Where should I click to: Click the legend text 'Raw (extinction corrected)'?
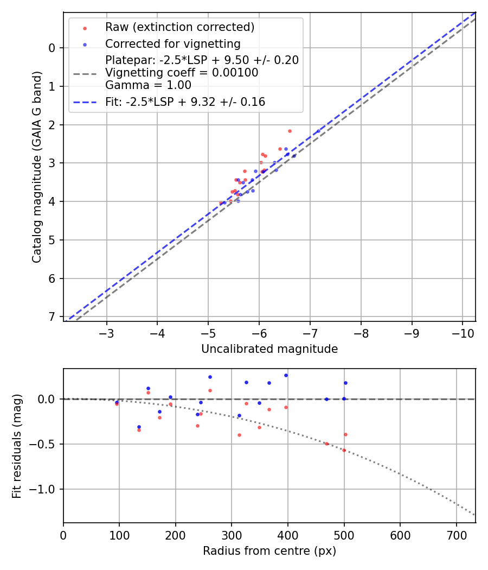179,27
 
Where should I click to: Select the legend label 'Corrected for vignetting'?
172,43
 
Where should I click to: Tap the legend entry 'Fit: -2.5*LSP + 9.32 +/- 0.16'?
185,102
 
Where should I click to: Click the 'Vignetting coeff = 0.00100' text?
182,73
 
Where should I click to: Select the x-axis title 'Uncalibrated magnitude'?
269,349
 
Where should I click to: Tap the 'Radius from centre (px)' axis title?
269,551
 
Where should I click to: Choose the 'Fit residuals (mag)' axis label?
17,446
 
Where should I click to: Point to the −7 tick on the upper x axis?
310,331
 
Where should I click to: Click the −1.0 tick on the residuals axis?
46,489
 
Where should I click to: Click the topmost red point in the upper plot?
290,131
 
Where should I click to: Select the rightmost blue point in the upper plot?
319,131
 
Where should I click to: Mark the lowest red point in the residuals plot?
344,450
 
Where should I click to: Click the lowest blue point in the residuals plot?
139,427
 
